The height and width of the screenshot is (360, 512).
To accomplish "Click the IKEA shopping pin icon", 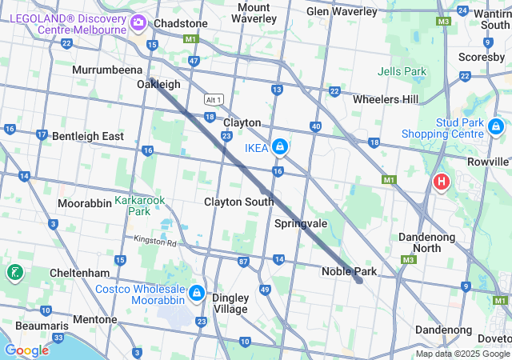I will (280, 147).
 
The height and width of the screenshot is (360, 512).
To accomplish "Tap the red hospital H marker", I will (440, 182).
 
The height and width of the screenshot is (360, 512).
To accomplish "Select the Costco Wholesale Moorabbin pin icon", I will (197, 294).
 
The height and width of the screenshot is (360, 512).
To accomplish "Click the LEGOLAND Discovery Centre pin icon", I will (139, 22).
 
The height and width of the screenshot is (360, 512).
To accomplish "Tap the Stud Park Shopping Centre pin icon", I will (495, 126).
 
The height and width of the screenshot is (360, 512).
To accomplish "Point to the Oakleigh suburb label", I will (158, 84).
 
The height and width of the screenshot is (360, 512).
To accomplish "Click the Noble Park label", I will (349, 271).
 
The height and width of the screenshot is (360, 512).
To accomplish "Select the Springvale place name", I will (301, 223).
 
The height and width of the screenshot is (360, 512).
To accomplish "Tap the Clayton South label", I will (238, 202).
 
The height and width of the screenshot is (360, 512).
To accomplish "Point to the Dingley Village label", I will (230, 303).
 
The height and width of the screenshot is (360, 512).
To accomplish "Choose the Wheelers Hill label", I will (386, 99).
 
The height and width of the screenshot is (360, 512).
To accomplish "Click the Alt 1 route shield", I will (213, 99).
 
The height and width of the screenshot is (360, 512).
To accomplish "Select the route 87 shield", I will (242, 261).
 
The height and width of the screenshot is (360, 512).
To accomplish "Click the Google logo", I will (26, 350).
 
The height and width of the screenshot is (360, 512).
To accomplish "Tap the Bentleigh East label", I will (88, 136).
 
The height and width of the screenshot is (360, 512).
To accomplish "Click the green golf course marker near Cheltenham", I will (14, 273).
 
